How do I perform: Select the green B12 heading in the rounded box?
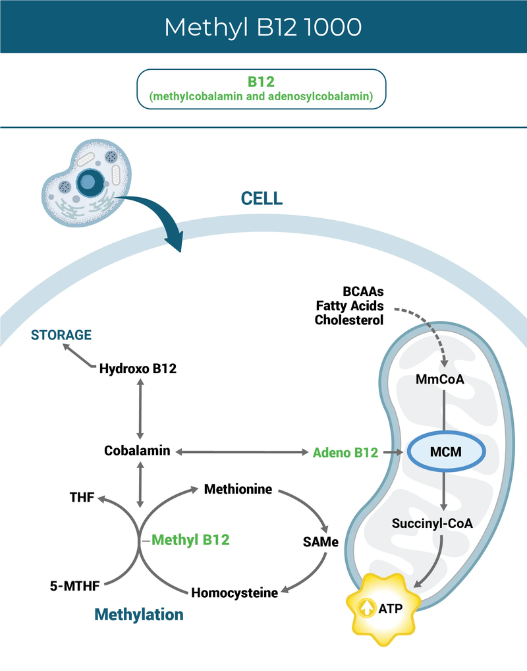(261, 82)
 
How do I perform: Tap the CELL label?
(261, 198)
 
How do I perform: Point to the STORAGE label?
(61, 335)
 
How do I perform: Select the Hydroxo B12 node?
(138, 368)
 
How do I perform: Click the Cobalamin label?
(137, 451)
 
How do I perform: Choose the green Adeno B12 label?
(345, 452)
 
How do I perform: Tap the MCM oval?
(446, 452)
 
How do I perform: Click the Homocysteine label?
(235, 593)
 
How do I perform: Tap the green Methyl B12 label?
(190, 540)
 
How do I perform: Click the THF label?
(82, 498)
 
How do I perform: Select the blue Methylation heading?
(139, 614)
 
